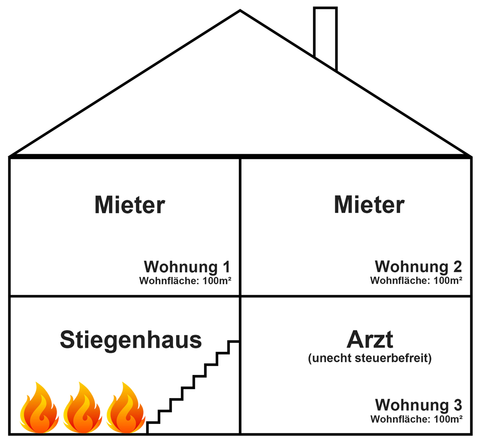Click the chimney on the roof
point(325,36)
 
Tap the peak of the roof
point(240,12)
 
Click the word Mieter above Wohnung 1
point(130,205)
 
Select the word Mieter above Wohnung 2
point(369,205)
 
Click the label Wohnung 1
point(186,268)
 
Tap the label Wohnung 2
point(418,267)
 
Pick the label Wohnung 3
point(418,404)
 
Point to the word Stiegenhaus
point(131,340)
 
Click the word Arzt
point(370,340)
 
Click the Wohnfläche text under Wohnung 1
point(184,281)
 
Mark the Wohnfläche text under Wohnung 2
point(416,281)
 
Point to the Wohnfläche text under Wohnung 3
point(416,418)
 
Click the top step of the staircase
point(234,342)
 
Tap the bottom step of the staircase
point(152,423)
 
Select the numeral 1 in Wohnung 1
point(225,268)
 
